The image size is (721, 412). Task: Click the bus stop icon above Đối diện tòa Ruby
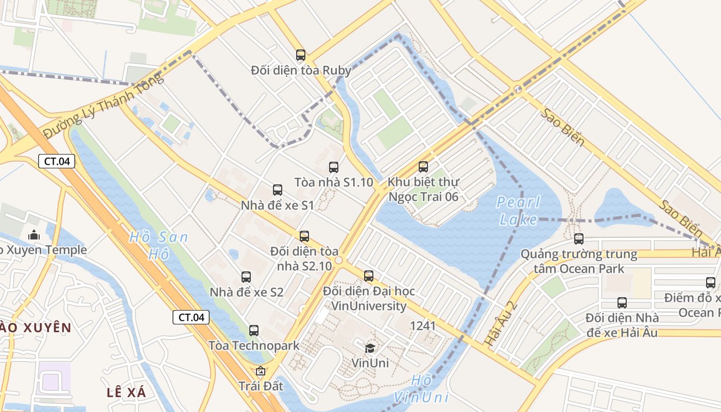click(x=301, y=55)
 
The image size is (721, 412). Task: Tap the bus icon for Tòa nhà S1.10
click(x=334, y=167)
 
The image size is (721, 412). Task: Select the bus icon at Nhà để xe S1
click(x=278, y=190)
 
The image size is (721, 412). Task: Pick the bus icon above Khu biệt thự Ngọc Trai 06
click(x=423, y=167)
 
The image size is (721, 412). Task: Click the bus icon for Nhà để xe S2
click(x=246, y=277)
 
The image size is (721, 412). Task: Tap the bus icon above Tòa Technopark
click(x=254, y=331)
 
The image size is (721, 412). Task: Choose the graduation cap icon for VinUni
click(x=370, y=348)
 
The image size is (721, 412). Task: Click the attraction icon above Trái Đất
click(x=261, y=371)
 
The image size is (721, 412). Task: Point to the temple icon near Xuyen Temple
click(x=34, y=235)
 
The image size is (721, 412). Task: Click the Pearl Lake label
click(x=519, y=211)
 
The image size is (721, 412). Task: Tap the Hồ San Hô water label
click(x=158, y=245)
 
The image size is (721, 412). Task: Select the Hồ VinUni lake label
click(x=421, y=389)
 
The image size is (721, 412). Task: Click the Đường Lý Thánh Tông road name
click(x=103, y=106)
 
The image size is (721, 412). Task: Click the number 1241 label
click(x=423, y=325)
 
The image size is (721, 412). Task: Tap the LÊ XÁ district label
click(x=127, y=392)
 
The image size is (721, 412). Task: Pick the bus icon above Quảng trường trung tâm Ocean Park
click(x=579, y=239)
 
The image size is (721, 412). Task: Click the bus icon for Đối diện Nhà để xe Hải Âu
click(x=622, y=303)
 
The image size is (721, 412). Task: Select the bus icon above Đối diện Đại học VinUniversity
click(x=369, y=276)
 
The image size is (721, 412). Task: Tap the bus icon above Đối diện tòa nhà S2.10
click(x=304, y=236)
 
